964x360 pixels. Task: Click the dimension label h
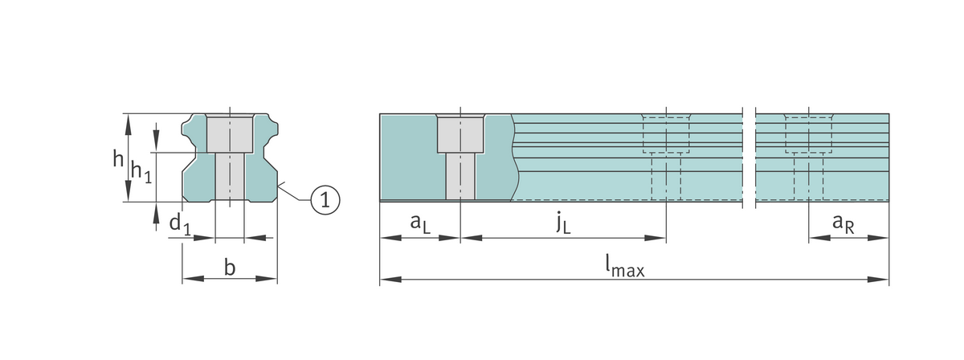pyautogui.click(x=117, y=158)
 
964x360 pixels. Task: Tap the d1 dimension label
pyautogui.click(x=179, y=225)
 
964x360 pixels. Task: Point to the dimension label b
pyautogui.click(x=230, y=268)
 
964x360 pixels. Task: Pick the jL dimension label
pyautogui.click(x=563, y=224)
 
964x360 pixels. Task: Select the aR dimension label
pyautogui.click(x=843, y=225)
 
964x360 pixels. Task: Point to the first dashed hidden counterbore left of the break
pyautogui.click(x=666, y=135)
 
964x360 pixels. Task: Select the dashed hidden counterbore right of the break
pyautogui.click(x=808, y=135)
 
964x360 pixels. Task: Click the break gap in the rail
pyautogui.click(x=750, y=157)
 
